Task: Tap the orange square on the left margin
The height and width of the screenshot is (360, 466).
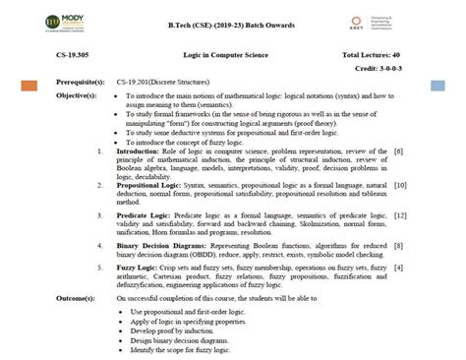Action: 29,87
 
